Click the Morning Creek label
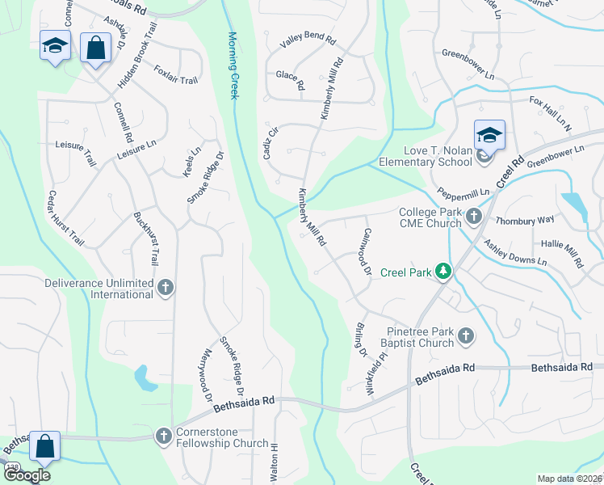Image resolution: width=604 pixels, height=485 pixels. pos(233,65)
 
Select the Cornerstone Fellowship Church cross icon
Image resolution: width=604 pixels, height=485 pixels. pos(164,436)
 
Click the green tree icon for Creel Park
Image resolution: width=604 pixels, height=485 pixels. pos(443,271)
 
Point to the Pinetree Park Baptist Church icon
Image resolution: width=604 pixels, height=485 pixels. pos(465,335)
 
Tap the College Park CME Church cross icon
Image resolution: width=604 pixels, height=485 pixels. pos(473,216)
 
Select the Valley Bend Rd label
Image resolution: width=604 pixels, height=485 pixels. pos(308,43)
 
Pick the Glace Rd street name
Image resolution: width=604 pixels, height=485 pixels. pos(290,79)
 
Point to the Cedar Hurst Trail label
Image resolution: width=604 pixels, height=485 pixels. pos(66,218)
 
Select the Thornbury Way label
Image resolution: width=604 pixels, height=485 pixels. pos(525,220)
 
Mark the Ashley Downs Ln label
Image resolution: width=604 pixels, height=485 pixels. pos(515,253)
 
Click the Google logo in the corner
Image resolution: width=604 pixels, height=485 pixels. pos(27,475)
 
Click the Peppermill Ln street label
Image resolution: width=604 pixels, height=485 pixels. pos(463,194)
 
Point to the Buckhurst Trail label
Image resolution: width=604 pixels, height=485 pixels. pos(146,239)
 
